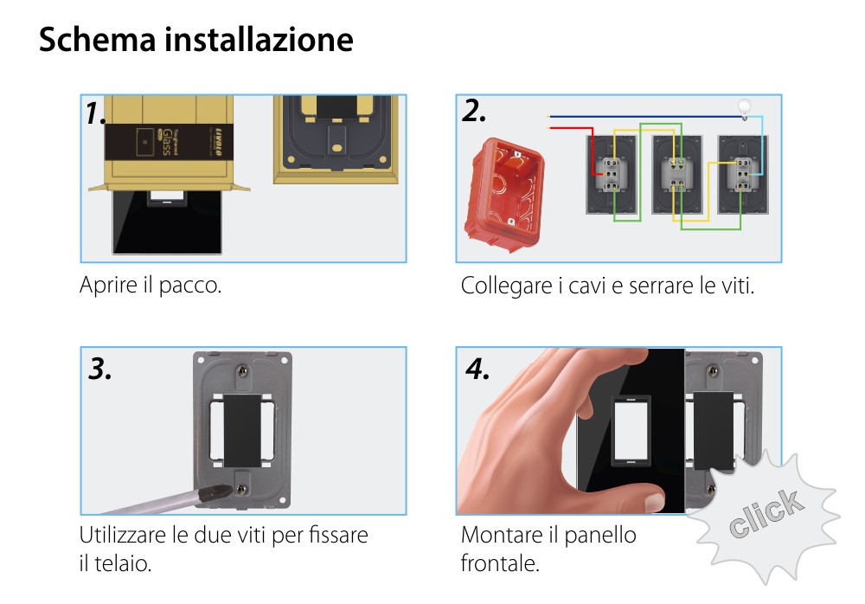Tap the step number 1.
96,113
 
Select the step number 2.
474,111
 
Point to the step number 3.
100,369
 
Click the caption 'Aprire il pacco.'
151,286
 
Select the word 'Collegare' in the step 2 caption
505,286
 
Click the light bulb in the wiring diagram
743,108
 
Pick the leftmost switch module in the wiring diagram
612,173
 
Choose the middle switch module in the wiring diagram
676,173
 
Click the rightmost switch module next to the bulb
740,173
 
